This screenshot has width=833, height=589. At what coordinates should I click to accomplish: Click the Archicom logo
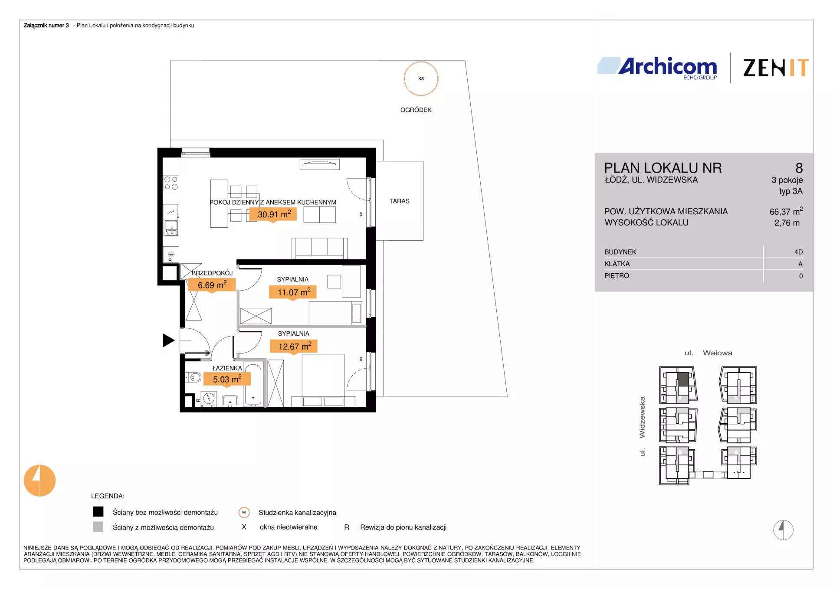click(x=657, y=68)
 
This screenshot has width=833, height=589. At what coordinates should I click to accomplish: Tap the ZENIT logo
click(x=776, y=68)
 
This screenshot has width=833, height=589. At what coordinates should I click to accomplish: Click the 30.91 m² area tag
click(x=273, y=214)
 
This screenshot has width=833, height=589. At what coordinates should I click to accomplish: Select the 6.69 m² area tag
click(x=212, y=285)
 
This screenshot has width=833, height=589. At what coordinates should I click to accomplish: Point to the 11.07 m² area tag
click(x=293, y=292)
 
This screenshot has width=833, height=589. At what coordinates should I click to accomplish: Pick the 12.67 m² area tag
click(x=294, y=347)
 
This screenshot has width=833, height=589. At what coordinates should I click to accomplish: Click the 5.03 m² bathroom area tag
click(x=227, y=379)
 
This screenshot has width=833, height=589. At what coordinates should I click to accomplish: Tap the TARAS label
click(x=399, y=201)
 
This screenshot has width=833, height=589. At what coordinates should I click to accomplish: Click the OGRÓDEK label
click(x=416, y=110)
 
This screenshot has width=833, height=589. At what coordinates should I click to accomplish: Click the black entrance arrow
click(x=168, y=340)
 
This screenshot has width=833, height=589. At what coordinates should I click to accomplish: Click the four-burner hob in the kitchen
click(x=171, y=183)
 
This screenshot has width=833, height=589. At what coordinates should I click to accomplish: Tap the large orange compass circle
click(x=39, y=481)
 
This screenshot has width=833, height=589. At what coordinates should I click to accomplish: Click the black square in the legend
click(x=98, y=512)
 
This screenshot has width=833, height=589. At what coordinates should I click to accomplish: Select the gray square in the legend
click(x=98, y=527)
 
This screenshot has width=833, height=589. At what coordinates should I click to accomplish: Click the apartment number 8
click(x=799, y=168)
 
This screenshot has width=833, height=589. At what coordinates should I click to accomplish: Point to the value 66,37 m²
click(x=786, y=211)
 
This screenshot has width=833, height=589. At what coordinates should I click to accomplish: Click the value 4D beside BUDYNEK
click(x=798, y=252)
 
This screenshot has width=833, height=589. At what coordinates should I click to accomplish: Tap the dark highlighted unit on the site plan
click(x=683, y=380)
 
